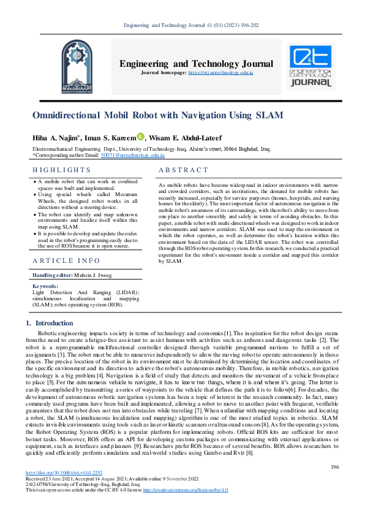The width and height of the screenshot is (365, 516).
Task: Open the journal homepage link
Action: [x=220, y=73]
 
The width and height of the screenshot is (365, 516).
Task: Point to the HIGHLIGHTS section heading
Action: [x=62, y=170]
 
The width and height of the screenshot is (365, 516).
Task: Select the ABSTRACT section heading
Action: [x=183, y=170]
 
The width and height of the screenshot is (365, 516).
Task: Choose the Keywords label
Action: [x=45, y=286]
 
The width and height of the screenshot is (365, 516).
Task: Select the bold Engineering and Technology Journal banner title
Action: [x=196, y=64]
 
